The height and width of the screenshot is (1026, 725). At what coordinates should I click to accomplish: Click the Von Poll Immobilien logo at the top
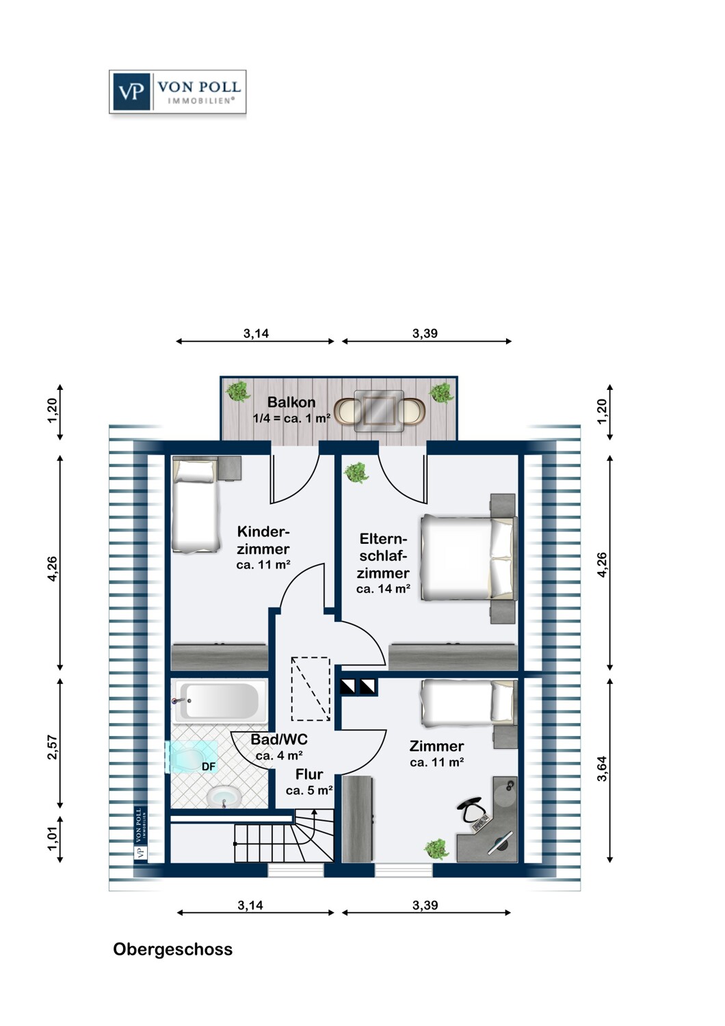pyautogui.click(x=177, y=92)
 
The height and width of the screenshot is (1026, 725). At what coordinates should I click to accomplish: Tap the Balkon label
pyautogui.click(x=291, y=402)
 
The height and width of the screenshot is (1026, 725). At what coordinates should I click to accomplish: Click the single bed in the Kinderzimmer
pyautogui.click(x=195, y=505)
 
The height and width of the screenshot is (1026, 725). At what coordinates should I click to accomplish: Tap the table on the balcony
pyautogui.click(x=379, y=411)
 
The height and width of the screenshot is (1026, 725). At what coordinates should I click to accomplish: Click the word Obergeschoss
pyautogui.click(x=172, y=949)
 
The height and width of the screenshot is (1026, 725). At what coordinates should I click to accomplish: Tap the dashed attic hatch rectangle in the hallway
pyautogui.click(x=311, y=688)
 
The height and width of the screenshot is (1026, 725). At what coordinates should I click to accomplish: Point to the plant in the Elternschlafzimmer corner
pyautogui.click(x=356, y=473)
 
